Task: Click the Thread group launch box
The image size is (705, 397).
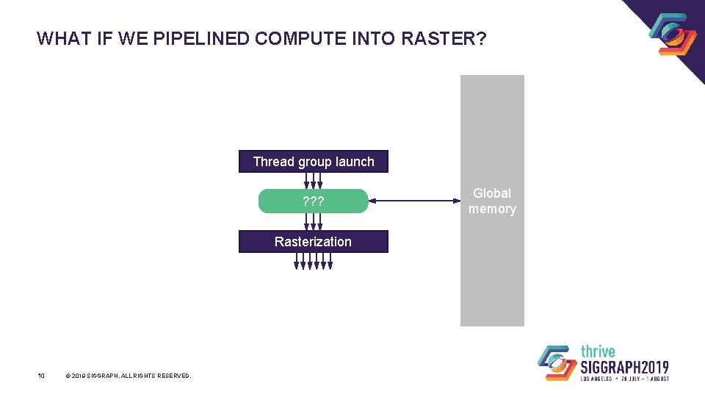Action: tap(313, 162)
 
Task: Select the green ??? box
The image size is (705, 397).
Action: tap(313, 201)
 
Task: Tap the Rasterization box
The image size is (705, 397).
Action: tap(313, 242)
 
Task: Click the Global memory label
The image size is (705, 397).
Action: tap(492, 201)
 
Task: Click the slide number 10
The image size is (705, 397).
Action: tap(41, 376)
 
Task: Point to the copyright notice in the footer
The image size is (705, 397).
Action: tap(128, 376)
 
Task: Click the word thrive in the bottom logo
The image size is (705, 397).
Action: tap(598, 351)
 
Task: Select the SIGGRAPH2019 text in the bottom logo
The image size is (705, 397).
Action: tap(624, 366)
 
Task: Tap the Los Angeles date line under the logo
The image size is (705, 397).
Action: tap(624, 379)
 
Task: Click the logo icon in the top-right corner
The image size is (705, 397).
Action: tap(672, 34)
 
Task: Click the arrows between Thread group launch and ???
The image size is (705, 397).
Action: tap(313, 181)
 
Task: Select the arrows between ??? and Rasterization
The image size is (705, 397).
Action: tap(313, 222)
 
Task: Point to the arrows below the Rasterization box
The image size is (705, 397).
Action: tap(314, 261)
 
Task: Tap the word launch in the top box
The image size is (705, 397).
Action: tap(355, 162)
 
